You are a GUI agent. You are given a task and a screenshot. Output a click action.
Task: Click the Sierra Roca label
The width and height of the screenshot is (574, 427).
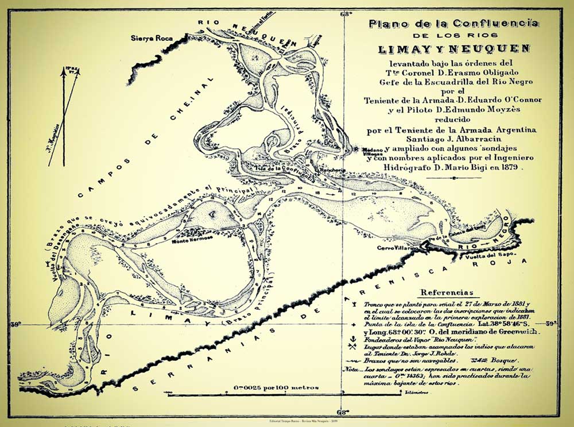[x=148, y=38]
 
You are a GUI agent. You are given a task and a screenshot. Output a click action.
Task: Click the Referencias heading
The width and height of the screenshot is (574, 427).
[x=447, y=292]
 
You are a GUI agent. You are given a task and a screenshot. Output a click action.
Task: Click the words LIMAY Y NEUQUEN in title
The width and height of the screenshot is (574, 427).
[x=453, y=48]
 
